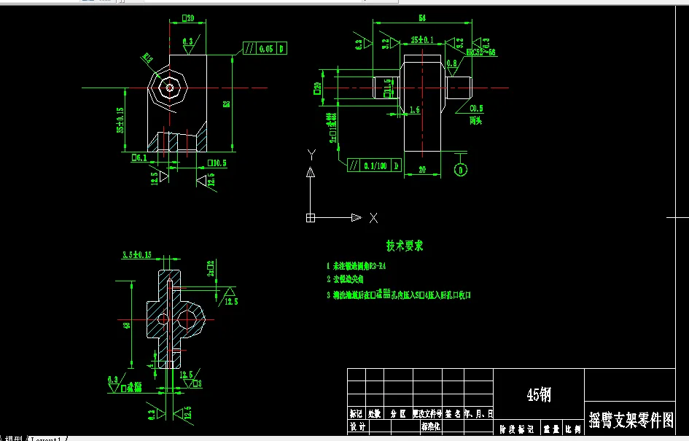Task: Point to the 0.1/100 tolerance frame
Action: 375,165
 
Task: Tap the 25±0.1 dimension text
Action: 421,39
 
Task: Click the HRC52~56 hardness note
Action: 480,52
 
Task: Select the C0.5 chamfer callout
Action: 475,109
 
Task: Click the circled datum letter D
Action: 461,170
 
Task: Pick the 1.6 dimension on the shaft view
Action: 415,109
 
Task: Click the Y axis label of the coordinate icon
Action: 311,154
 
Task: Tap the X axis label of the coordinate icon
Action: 373,217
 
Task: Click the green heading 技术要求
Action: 405,246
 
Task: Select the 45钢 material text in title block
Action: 539,394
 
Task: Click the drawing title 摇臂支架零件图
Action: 631,420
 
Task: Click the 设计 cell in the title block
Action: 357,427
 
